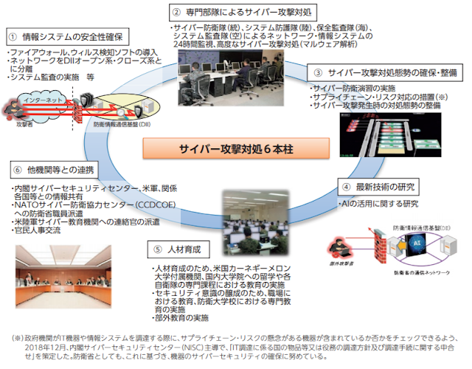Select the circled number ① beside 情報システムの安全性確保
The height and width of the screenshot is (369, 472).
click(13, 36)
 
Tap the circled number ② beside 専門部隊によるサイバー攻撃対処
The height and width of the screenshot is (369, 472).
click(176, 12)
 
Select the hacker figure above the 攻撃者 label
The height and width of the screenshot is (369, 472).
click(16, 108)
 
